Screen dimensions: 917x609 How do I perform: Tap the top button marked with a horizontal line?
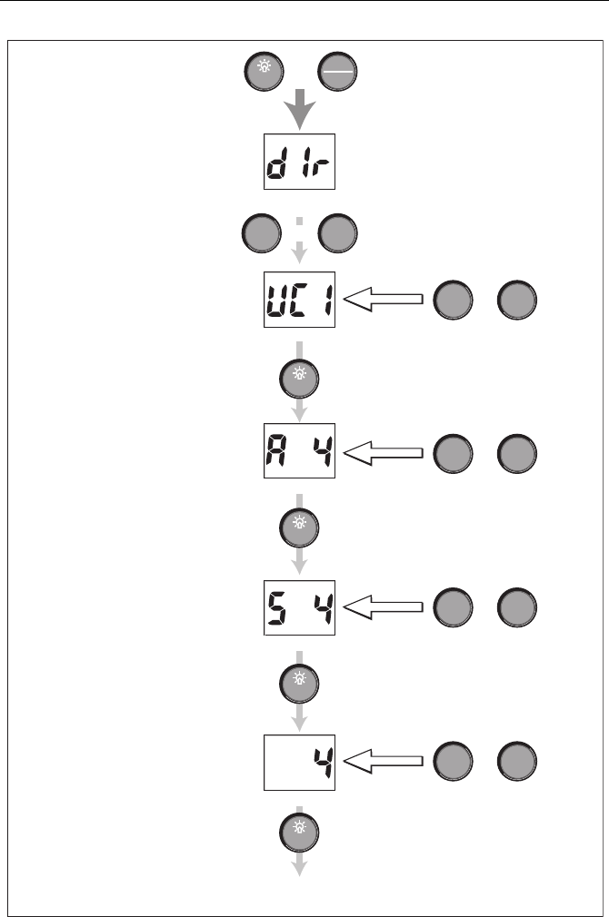[x=338, y=72]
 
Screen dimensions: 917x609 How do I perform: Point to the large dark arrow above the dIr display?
[x=300, y=112]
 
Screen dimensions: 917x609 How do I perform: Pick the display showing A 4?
[x=300, y=453]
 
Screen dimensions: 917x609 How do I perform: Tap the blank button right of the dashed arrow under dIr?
[x=338, y=233]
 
